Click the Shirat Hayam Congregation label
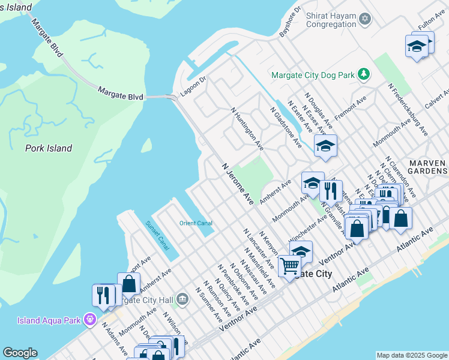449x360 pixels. [x=331, y=20]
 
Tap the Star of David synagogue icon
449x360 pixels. [x=364, y=20]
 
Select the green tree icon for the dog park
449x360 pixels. [x=363, y=74]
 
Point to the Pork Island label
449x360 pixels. [x=49, y=148]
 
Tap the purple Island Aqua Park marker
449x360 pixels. [x=90, y=319]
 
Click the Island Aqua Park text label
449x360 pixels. [x=50, y=320]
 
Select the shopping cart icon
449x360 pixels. [x=289, y=265]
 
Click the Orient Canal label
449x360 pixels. [x=196, y=223]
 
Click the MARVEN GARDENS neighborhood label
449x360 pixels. [x=427, y=168]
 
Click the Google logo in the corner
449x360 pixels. [x=20, y=353]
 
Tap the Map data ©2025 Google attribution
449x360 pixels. [x=411, y=355]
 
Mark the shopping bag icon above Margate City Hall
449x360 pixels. [x=128, y=283]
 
